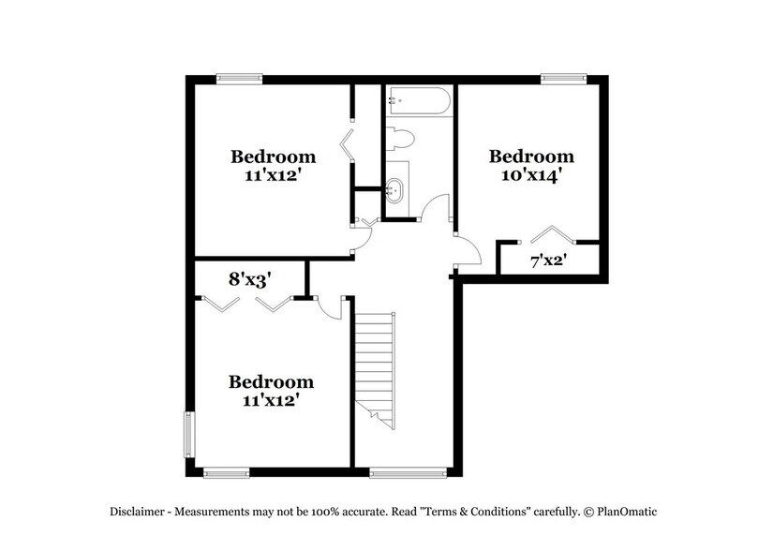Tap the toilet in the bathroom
click(x=400, y=139)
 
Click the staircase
click(x=377, y=365)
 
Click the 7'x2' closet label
click(x=548, y=261)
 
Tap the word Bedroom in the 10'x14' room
click(x=531, y=156)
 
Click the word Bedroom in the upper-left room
click(x=274, y=156)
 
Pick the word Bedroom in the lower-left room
click(x=271, y=382)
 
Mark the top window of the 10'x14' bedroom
click(x=562, y=79)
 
